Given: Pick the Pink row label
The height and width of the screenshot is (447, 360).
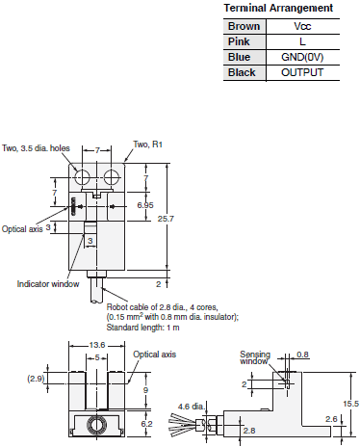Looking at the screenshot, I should (x=242, y=42).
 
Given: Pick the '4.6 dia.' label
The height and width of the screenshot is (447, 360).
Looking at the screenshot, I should (x=189, y=407).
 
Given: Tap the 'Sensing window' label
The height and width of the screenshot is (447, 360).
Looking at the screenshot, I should (x=255, y=358).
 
